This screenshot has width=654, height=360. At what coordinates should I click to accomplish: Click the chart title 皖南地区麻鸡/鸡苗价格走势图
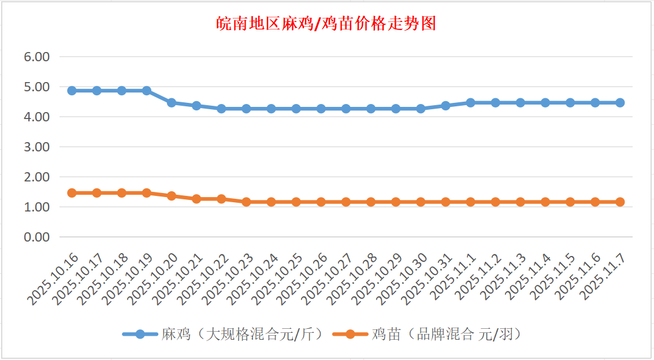click(326, 24)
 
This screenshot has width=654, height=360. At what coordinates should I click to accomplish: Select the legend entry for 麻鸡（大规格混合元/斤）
click(222, 334)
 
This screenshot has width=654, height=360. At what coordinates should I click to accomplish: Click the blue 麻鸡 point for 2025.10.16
click(72, 91)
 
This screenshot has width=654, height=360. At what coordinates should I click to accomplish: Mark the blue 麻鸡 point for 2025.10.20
click(172, 102)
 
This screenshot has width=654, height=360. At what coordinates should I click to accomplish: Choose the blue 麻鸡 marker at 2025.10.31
click(445, 106)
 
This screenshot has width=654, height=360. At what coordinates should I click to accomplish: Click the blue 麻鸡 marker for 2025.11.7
click(620, 102)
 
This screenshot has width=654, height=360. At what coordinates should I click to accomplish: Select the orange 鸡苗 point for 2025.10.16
click(72, 193)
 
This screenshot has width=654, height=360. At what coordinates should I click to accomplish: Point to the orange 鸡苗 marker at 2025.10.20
click(172, 196)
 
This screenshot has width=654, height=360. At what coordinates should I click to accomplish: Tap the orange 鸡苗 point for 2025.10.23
click(247, 202)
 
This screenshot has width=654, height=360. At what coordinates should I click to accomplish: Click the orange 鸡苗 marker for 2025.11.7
click(620, 202)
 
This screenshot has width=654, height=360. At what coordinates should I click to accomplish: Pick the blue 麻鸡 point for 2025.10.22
click(221, 109)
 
